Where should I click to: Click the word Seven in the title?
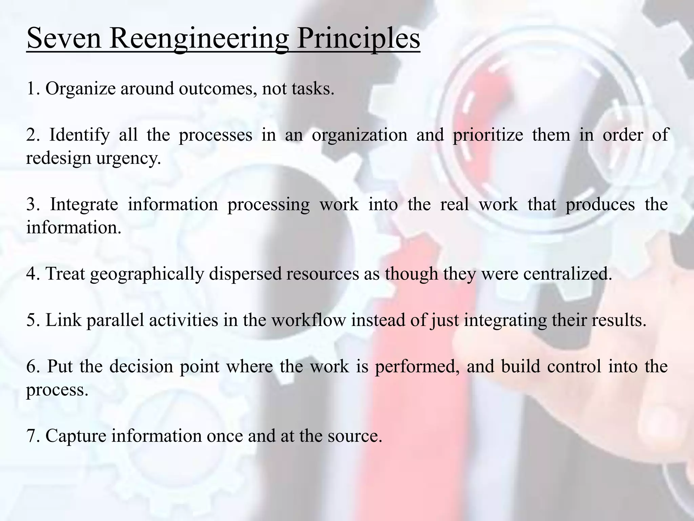point(64,38)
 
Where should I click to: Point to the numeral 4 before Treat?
point(32,274)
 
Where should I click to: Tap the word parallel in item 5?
point(115,321)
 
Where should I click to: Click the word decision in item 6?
point(141,367)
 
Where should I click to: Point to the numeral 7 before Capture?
point(32,436)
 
